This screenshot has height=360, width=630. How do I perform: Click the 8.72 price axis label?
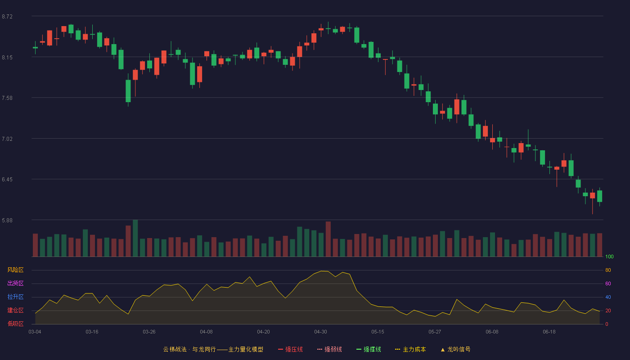click(x=7, y=17)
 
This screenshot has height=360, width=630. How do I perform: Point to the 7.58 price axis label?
click(x=7, y=98)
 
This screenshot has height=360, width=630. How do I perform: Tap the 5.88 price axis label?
click(x=7, y=220)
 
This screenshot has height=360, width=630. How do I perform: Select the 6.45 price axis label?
click(x=7, y=180)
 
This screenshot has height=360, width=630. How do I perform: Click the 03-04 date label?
click(x=35, y=332)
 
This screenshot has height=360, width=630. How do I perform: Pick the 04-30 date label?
click(x=320, y=332)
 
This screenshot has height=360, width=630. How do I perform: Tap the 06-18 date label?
click(x=549, y=332)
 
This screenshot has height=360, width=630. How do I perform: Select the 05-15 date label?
click(x=378, y=332)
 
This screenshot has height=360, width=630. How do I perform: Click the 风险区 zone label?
click(x=15, y=270)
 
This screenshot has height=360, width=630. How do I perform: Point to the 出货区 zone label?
click(x=15, y=283)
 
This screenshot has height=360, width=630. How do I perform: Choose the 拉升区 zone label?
click(x=15, y=297)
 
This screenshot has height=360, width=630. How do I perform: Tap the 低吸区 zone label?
click(x=15, y=324)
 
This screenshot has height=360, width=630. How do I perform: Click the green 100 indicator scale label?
click(x=609, y=256)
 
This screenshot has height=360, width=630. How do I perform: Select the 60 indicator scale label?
click(x=608, y=283)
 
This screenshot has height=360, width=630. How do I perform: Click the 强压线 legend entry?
click(x=290, y=349)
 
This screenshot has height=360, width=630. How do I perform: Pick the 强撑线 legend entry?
click(x=369, y=349)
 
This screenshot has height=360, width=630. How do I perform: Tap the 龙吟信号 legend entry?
click(x=455, y=349)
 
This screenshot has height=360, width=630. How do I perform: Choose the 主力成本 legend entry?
click(x=410, y=349)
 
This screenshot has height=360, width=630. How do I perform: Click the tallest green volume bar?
click(x=135, y=238)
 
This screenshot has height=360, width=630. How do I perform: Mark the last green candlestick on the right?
click(x=599, y=196)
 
